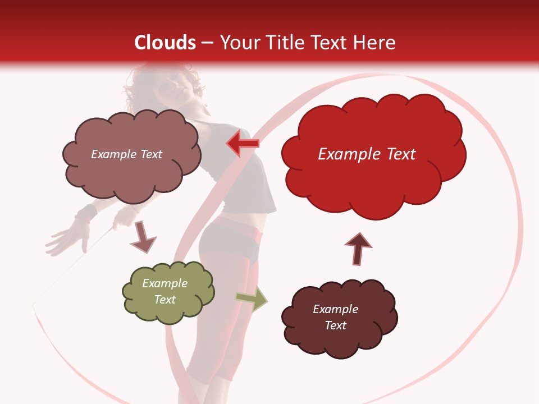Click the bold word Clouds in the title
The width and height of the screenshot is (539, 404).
tap(165, 43)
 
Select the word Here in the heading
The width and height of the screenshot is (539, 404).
tap(376, 43)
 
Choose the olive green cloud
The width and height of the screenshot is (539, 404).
tap(168, 292)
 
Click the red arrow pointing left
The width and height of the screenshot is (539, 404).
tap(243, 144)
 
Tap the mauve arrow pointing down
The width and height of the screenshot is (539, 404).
tap(143, 236)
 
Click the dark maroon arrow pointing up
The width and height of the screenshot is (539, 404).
tap(358, 248)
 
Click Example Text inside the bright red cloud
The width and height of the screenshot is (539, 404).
tap(367, 154)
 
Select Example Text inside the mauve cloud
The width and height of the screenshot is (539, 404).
tap(126, 154)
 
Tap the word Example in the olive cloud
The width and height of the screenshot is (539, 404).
tap(165, 283)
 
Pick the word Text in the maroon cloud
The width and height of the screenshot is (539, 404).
tap(335, 325)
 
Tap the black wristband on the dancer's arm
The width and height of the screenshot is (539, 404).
tap(86, 214)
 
